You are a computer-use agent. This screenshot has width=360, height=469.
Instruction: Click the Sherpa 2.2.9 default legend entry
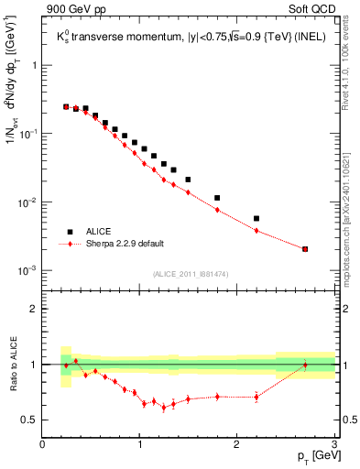click(x=125, y=245)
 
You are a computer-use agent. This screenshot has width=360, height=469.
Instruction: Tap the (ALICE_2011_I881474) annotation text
click(x=190, y=274)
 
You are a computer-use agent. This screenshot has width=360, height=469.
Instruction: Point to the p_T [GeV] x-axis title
click(x=312, y=455)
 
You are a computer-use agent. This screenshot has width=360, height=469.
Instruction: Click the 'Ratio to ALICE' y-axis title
click(x=12, y=364)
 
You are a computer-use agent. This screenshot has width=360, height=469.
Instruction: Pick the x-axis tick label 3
click(x=334, y=443)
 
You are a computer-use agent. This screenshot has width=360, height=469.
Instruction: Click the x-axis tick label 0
click(x=43, y=443)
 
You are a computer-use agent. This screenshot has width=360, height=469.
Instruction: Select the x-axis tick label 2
click(x=237, y=443)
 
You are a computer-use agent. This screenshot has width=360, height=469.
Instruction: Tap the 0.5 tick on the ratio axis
click(x=31, y=420)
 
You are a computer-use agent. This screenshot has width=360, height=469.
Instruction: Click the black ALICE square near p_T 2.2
click(x=256, y=219)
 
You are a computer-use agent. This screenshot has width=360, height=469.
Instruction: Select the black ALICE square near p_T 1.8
click(x=217, y=198)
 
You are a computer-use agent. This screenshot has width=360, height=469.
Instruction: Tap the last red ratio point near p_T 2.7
click(x=305, y=365)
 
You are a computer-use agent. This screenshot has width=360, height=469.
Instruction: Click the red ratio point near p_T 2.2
click(x=256, y=397)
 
